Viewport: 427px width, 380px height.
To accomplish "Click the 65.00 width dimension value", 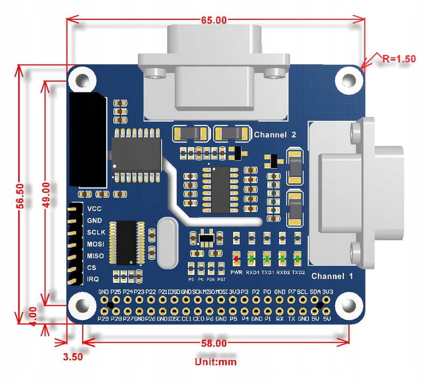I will click(x=214, y=20).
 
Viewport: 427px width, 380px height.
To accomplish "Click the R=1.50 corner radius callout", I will click(x=396, y=59).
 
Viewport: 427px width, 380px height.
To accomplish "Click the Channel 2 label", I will click(x=275, y=135).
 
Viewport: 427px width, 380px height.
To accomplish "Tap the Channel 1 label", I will click(x=332, y=276).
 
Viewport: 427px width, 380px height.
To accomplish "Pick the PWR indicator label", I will click(x=236, y=272).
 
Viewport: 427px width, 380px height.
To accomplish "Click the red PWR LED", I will click(x=236, y=259).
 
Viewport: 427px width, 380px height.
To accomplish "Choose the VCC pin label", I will click(x=94, y=208).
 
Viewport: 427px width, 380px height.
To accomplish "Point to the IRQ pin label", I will click(x=93, y=279).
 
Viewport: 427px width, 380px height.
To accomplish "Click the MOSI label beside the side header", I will click(x=95, y=244).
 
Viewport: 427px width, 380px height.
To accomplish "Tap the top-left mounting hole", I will click(x=82, y=80).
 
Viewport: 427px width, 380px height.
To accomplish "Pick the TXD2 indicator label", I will click(x=298, y=272).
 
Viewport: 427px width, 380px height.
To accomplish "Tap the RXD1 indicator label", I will click(x=252, y=272).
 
